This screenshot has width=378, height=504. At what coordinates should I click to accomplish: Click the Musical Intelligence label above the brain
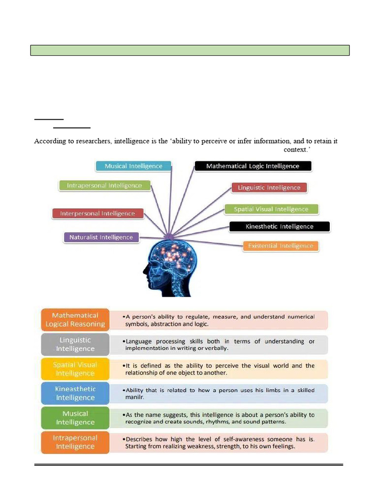coord(133,166)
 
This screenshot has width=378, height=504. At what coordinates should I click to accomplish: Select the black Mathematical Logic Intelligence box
coord(252,166)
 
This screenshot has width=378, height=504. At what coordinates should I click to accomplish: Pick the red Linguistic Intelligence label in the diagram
coord(269,188)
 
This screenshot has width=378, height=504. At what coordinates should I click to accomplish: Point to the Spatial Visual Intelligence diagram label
coord(271,209)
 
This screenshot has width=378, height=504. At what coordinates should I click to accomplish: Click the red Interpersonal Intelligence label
coord(97,214)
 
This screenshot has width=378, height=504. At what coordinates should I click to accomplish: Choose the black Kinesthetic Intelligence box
coord(279,227)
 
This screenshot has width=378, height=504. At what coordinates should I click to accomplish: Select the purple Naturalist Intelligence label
coord(101,237)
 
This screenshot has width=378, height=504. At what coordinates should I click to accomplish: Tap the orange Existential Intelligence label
coord(281,246)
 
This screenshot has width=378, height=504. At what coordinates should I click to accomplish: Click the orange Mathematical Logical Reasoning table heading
coord(75,320)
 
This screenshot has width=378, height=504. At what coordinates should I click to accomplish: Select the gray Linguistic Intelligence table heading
coord(75,345)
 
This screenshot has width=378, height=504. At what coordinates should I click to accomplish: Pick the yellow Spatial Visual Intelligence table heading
coord(75,369)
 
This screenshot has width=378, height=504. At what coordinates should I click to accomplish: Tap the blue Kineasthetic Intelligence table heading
coord(75,393)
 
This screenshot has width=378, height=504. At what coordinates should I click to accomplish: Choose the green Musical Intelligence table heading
coord(75,418)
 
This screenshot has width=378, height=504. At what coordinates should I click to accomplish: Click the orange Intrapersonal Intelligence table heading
coord(75,442)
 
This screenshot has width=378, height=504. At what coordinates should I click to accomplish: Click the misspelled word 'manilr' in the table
coord(134,397)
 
